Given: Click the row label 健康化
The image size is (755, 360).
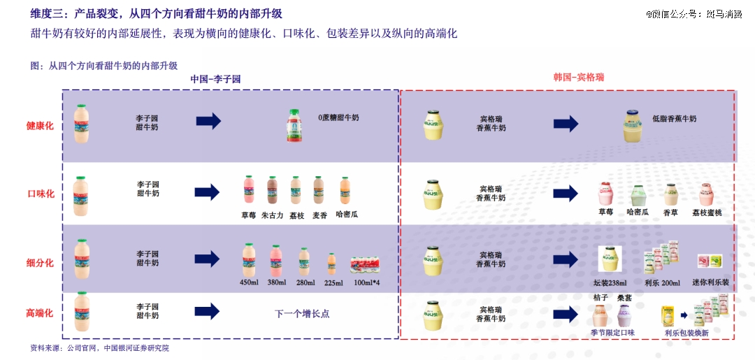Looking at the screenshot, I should pos(40,127).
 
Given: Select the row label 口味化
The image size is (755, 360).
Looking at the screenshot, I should pos(40,194).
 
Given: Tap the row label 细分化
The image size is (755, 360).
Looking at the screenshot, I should pos(40,263).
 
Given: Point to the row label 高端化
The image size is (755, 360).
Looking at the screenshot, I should pos(40,314).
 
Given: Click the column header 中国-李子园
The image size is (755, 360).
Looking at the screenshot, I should pos(215,79).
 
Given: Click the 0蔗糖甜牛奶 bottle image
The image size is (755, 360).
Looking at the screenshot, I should pos(296,125).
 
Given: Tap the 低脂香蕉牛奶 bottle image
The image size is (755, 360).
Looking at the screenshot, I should pos(632,127).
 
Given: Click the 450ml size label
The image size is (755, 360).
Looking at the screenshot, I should pos(250,282).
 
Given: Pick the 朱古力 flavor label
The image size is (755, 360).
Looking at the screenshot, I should pos(273,215).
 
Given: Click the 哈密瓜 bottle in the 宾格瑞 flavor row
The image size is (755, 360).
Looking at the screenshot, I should pos(638,195).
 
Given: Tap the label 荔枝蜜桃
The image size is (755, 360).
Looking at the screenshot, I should pos(707,213).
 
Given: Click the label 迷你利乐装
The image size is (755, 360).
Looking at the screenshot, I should pos(710,282).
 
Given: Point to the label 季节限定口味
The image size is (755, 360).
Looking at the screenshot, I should pos(612,333).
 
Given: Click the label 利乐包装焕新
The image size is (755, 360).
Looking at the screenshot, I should pos(686,333).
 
